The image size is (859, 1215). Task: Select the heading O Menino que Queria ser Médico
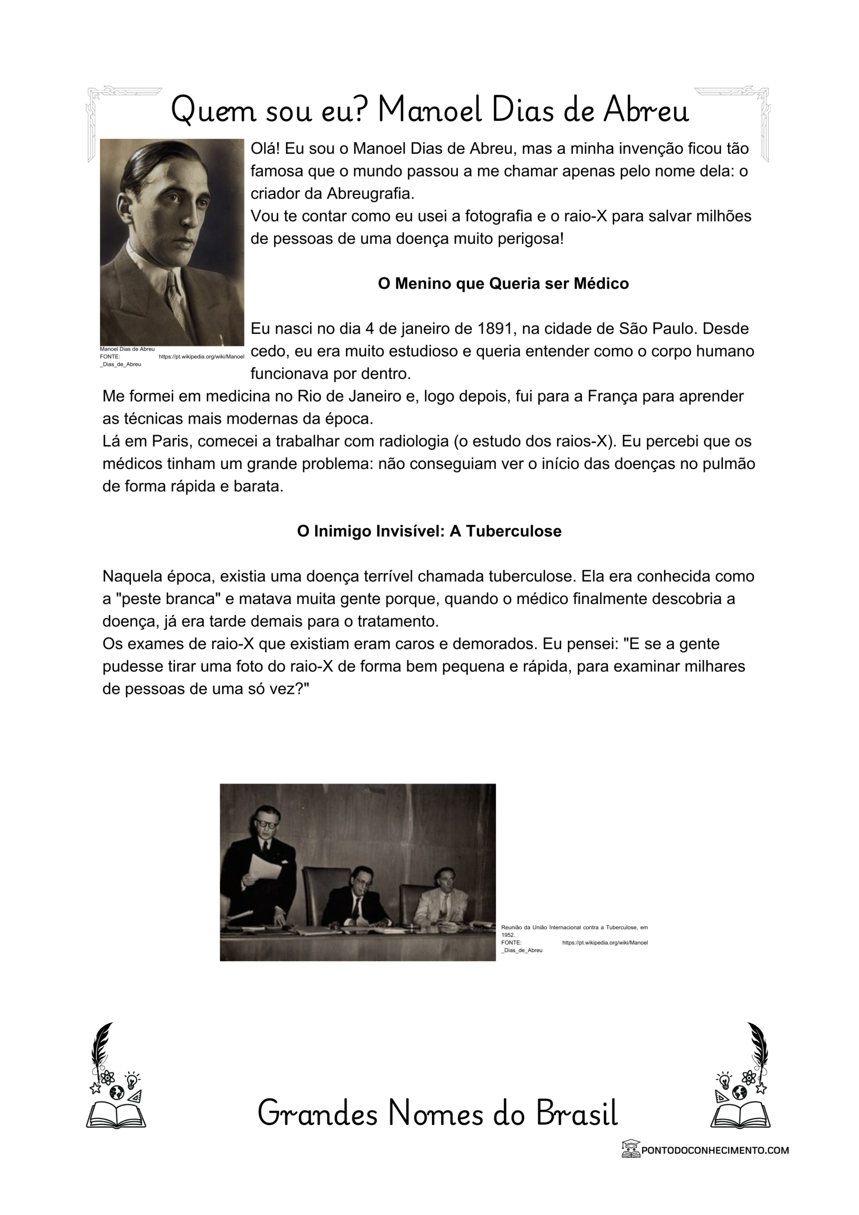tap(503, 284)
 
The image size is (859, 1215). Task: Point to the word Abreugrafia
tap(370, 194)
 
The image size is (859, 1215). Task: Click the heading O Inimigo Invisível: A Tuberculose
tap(429, 531)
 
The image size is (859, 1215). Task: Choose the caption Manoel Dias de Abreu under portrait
tap(127, 349)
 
